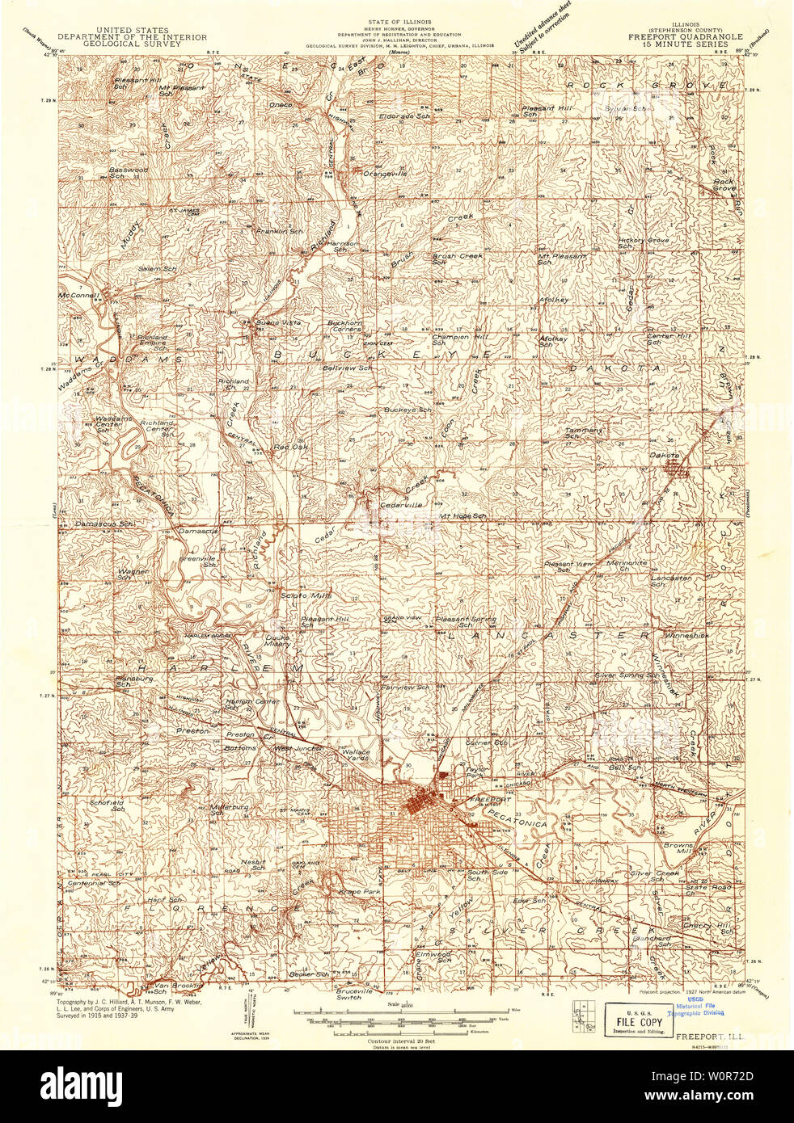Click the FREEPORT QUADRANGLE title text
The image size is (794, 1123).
(x=678, y=36)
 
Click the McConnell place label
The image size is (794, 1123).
(x=78, y=296)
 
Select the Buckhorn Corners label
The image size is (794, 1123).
(x=344, y=326)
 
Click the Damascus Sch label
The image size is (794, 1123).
(x=104, y=524)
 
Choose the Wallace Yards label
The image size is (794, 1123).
(x=356, y=755)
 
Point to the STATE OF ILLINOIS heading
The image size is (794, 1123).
(x=399, y=21)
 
